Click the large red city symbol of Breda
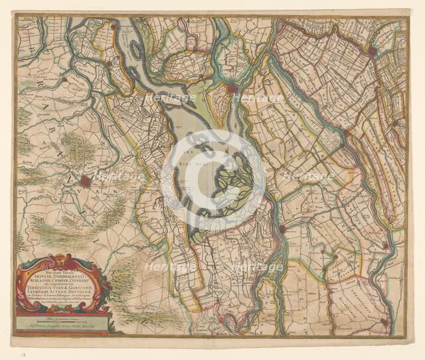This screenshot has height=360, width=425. (x=86, y=181)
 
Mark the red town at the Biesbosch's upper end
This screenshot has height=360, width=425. (x=231, y=88)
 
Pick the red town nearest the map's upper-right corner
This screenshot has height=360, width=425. (x=371, y=50)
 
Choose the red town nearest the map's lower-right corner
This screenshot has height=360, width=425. (x=384, y=321)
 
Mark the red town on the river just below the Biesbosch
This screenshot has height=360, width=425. (x=282, y=228)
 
